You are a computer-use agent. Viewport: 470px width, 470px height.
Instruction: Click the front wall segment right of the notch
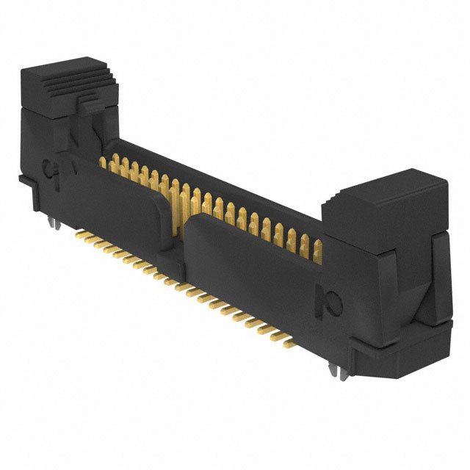click(250, 272)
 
